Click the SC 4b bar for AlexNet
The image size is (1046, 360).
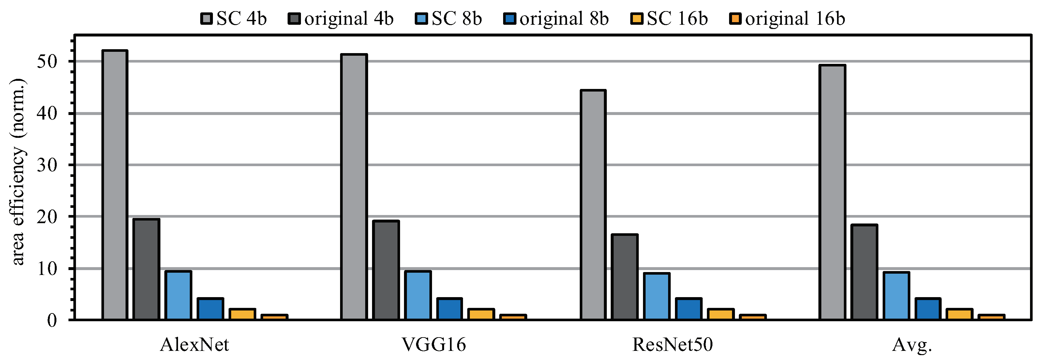[x=115, y=185]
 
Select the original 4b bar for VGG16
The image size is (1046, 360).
[x=386, y=270]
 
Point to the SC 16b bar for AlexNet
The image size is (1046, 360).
[x=242, y=314]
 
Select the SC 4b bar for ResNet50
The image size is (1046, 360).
[x=593, y=205]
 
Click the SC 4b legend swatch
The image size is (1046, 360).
[x=206, y=19]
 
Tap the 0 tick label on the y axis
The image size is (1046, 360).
[x=52, y=321]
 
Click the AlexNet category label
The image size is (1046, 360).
[x=195, y=345]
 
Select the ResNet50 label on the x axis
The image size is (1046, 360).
[x=672, y=345]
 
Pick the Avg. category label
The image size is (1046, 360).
[x=912, y=345]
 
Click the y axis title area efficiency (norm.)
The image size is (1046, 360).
[x=18, y=172]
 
